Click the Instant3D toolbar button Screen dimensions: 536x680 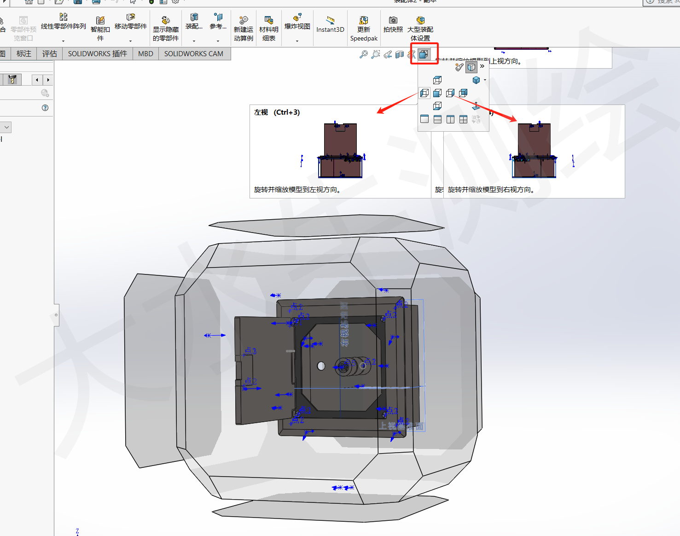point(330,25)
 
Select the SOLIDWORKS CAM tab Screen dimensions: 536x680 point(193,54)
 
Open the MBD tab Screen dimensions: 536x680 point(145,54)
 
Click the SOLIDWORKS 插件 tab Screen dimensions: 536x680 point(97,54)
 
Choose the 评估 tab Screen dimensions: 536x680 point(50,54)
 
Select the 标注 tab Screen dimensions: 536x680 point(24,54)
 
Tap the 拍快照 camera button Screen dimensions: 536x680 point(393,25)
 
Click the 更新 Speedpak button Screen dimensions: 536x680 point(364,29)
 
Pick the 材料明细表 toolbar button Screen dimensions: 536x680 point(269,29)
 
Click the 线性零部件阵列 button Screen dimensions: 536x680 point(64,23)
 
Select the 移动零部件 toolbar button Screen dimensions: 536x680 point(131,23)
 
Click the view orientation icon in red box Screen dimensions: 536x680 point(424,54)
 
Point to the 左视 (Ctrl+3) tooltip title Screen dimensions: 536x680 point(277,112)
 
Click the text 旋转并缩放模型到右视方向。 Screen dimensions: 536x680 point(491,190)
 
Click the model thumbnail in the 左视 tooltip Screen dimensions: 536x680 point(341,151)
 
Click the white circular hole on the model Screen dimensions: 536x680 point(321,366)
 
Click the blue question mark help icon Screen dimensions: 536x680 point(45,108)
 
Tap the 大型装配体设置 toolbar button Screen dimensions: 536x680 point(420,29)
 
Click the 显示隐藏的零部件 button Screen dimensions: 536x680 point(166,29)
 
